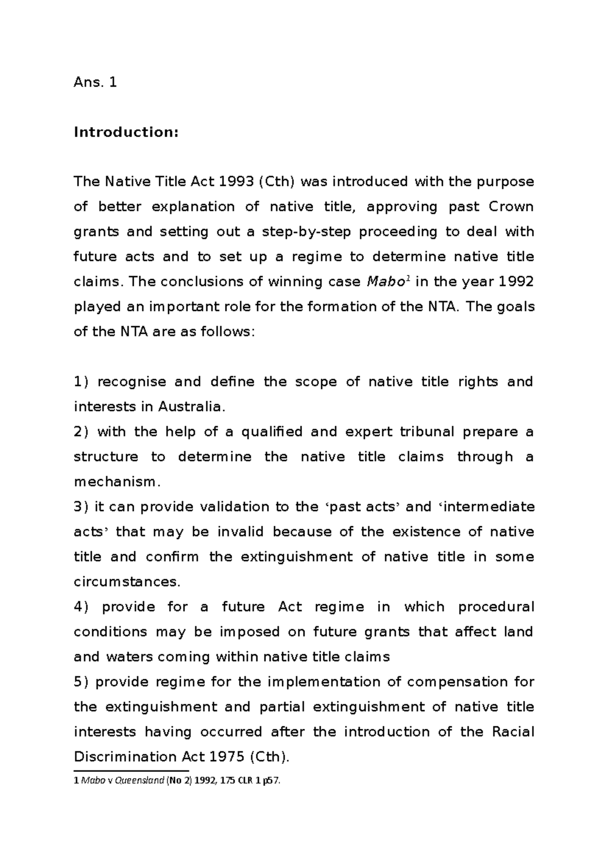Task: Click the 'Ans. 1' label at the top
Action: coord(95,83)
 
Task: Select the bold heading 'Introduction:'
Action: coord(126,133)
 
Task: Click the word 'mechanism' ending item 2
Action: coord(116,482)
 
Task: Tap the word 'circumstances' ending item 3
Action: coord(126,582)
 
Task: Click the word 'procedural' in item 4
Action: coord(496,607)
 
